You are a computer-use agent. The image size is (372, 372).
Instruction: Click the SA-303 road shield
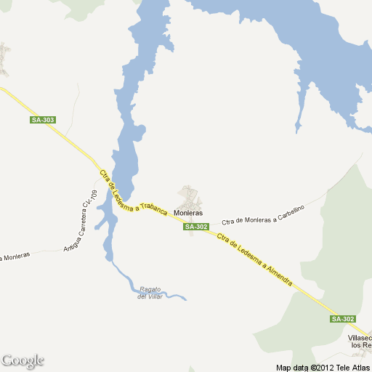[x=43, y=120]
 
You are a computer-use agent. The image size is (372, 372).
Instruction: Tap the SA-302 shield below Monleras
[x=197, y=227]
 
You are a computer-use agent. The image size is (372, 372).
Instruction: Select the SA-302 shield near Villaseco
[x=343, y=319]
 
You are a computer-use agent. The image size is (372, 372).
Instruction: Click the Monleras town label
[x=188, y=213]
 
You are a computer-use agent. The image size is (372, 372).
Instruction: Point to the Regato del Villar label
[x=150, y=292]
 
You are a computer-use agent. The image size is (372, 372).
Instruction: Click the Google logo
[x=23, y=360]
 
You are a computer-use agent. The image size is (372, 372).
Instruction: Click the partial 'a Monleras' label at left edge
[x=15, y=256]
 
